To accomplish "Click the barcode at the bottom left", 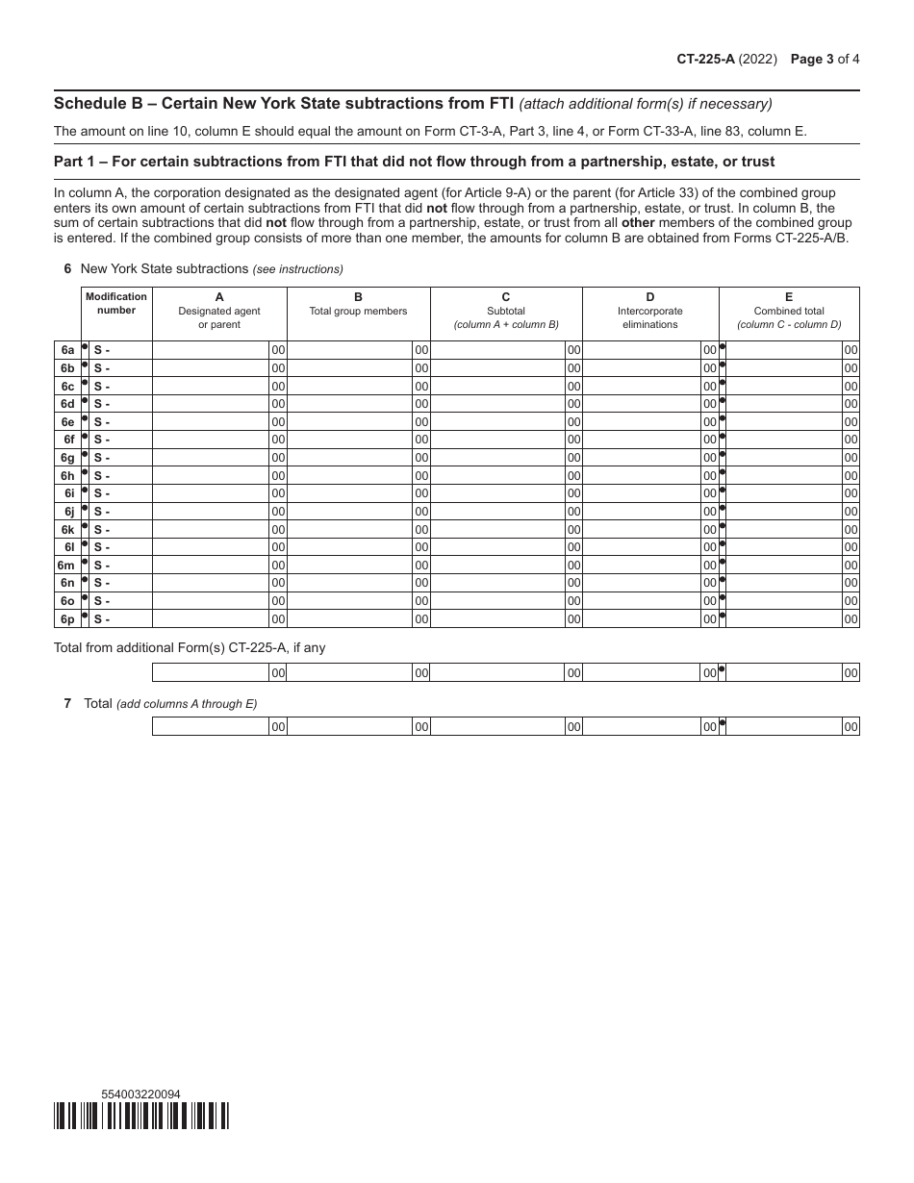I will point(141,1115).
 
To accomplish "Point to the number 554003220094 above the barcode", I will point(140,1094).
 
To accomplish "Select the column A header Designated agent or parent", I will point(219,312).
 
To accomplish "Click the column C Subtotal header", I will point(506,312).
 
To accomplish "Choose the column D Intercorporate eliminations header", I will point(650,312).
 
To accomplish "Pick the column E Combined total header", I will point(789,312).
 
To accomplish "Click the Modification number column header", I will point(116,304).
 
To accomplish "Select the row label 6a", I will point(67,350).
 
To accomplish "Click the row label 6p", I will point(67,619).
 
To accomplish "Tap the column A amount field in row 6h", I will point(211,476).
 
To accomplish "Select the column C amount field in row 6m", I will point(497,566).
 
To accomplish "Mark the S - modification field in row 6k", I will point(120,530).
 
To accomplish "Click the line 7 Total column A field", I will point(211,727).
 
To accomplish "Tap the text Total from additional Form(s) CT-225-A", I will point(190,648).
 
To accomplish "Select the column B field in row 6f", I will point(350,440).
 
